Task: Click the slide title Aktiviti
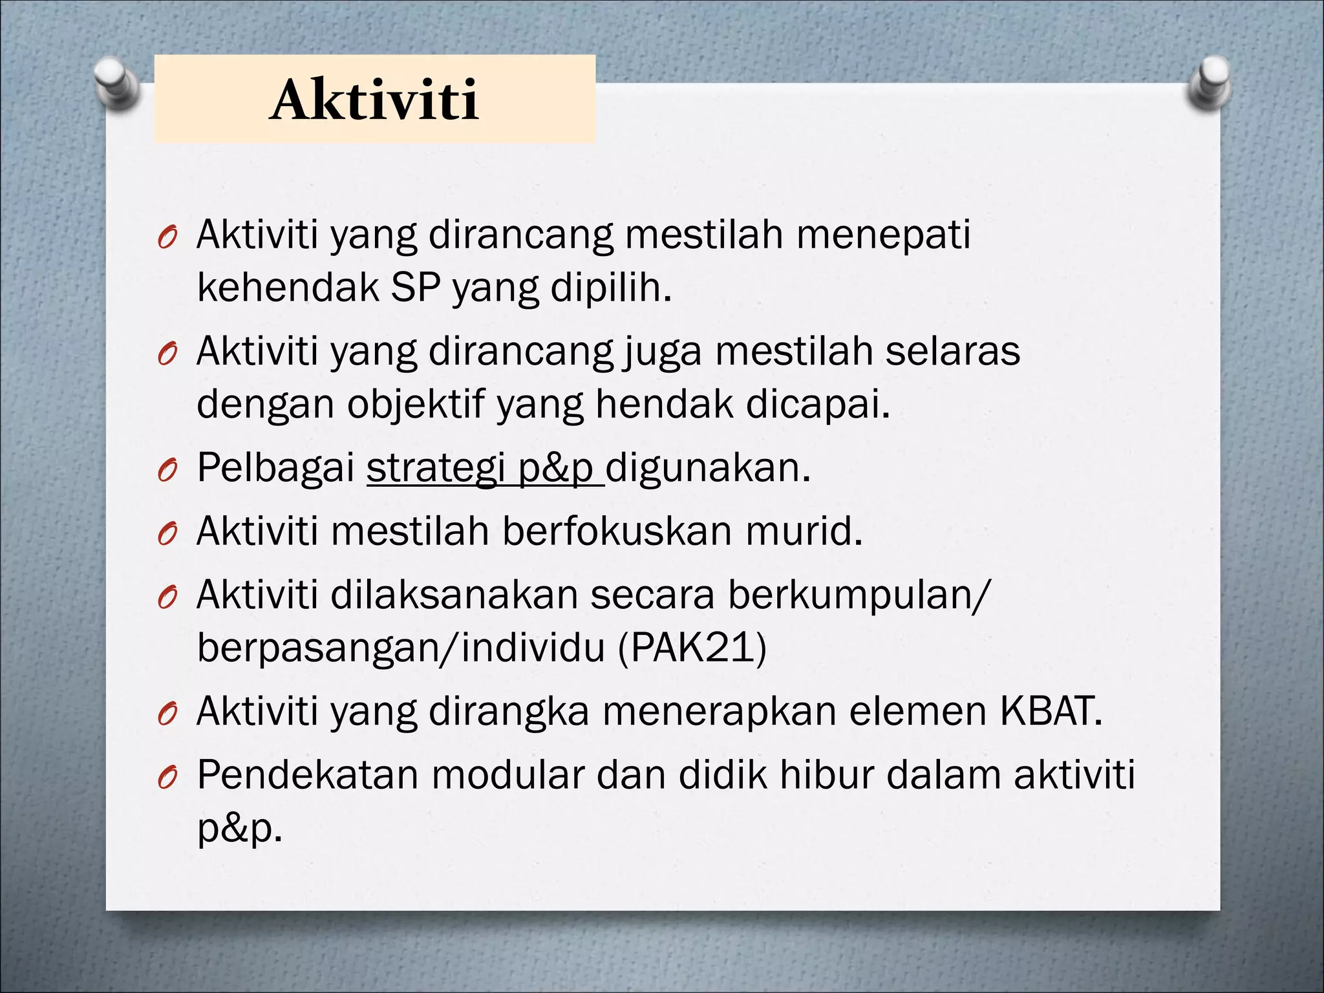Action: point(375,101)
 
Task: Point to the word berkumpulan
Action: point(853,595)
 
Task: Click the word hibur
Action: point(826,774)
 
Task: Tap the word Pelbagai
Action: point(276,468)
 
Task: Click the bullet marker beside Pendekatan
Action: point(167,779)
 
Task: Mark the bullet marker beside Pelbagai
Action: point(167,473)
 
